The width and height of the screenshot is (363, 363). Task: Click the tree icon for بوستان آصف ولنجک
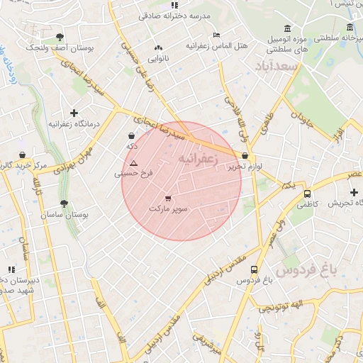tap(59, 37)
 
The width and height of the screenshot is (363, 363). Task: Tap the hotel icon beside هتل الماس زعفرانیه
tap(216, 35)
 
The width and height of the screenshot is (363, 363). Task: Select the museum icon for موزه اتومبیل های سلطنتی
tap(287, 28)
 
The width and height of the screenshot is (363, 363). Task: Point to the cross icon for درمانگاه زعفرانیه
tap(74, 113)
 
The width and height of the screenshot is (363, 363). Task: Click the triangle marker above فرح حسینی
tap(133, 163)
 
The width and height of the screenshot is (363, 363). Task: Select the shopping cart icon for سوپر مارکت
tap(168, 199)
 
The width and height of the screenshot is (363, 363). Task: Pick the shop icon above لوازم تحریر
tap(245, 156)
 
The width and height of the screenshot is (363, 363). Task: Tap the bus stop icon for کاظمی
tap(307, 193)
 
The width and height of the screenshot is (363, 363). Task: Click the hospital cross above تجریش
tap(354, 192)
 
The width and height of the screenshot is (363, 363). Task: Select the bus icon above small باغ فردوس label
tap(255, 269)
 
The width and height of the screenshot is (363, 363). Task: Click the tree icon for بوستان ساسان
tap(64, 203)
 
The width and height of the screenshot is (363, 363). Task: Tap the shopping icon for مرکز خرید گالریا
tap(23, 155)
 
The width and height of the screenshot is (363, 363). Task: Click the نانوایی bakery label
tap(157, 58)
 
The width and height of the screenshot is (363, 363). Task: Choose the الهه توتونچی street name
tap(279, 306)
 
